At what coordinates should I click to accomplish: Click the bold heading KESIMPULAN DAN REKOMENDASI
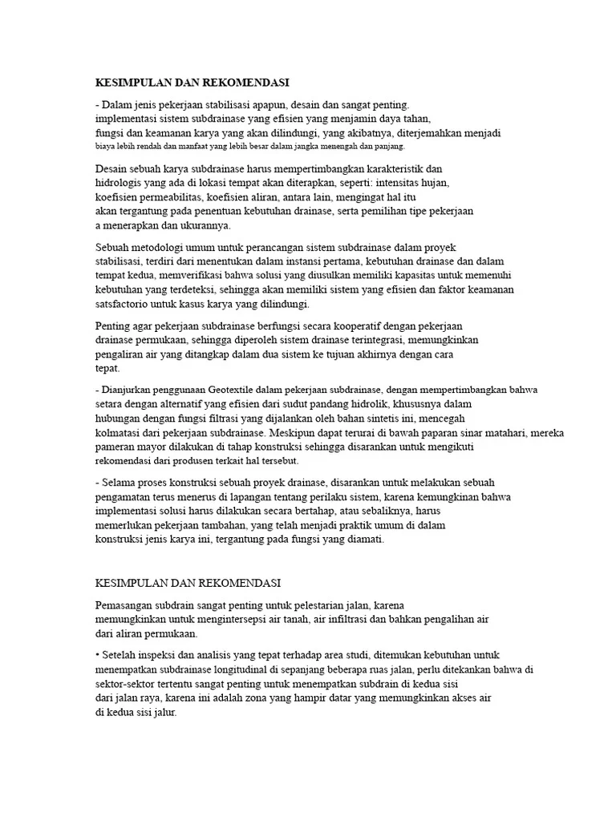click(x=192, y=83)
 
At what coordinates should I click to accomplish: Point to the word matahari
click(x=504, y=433)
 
